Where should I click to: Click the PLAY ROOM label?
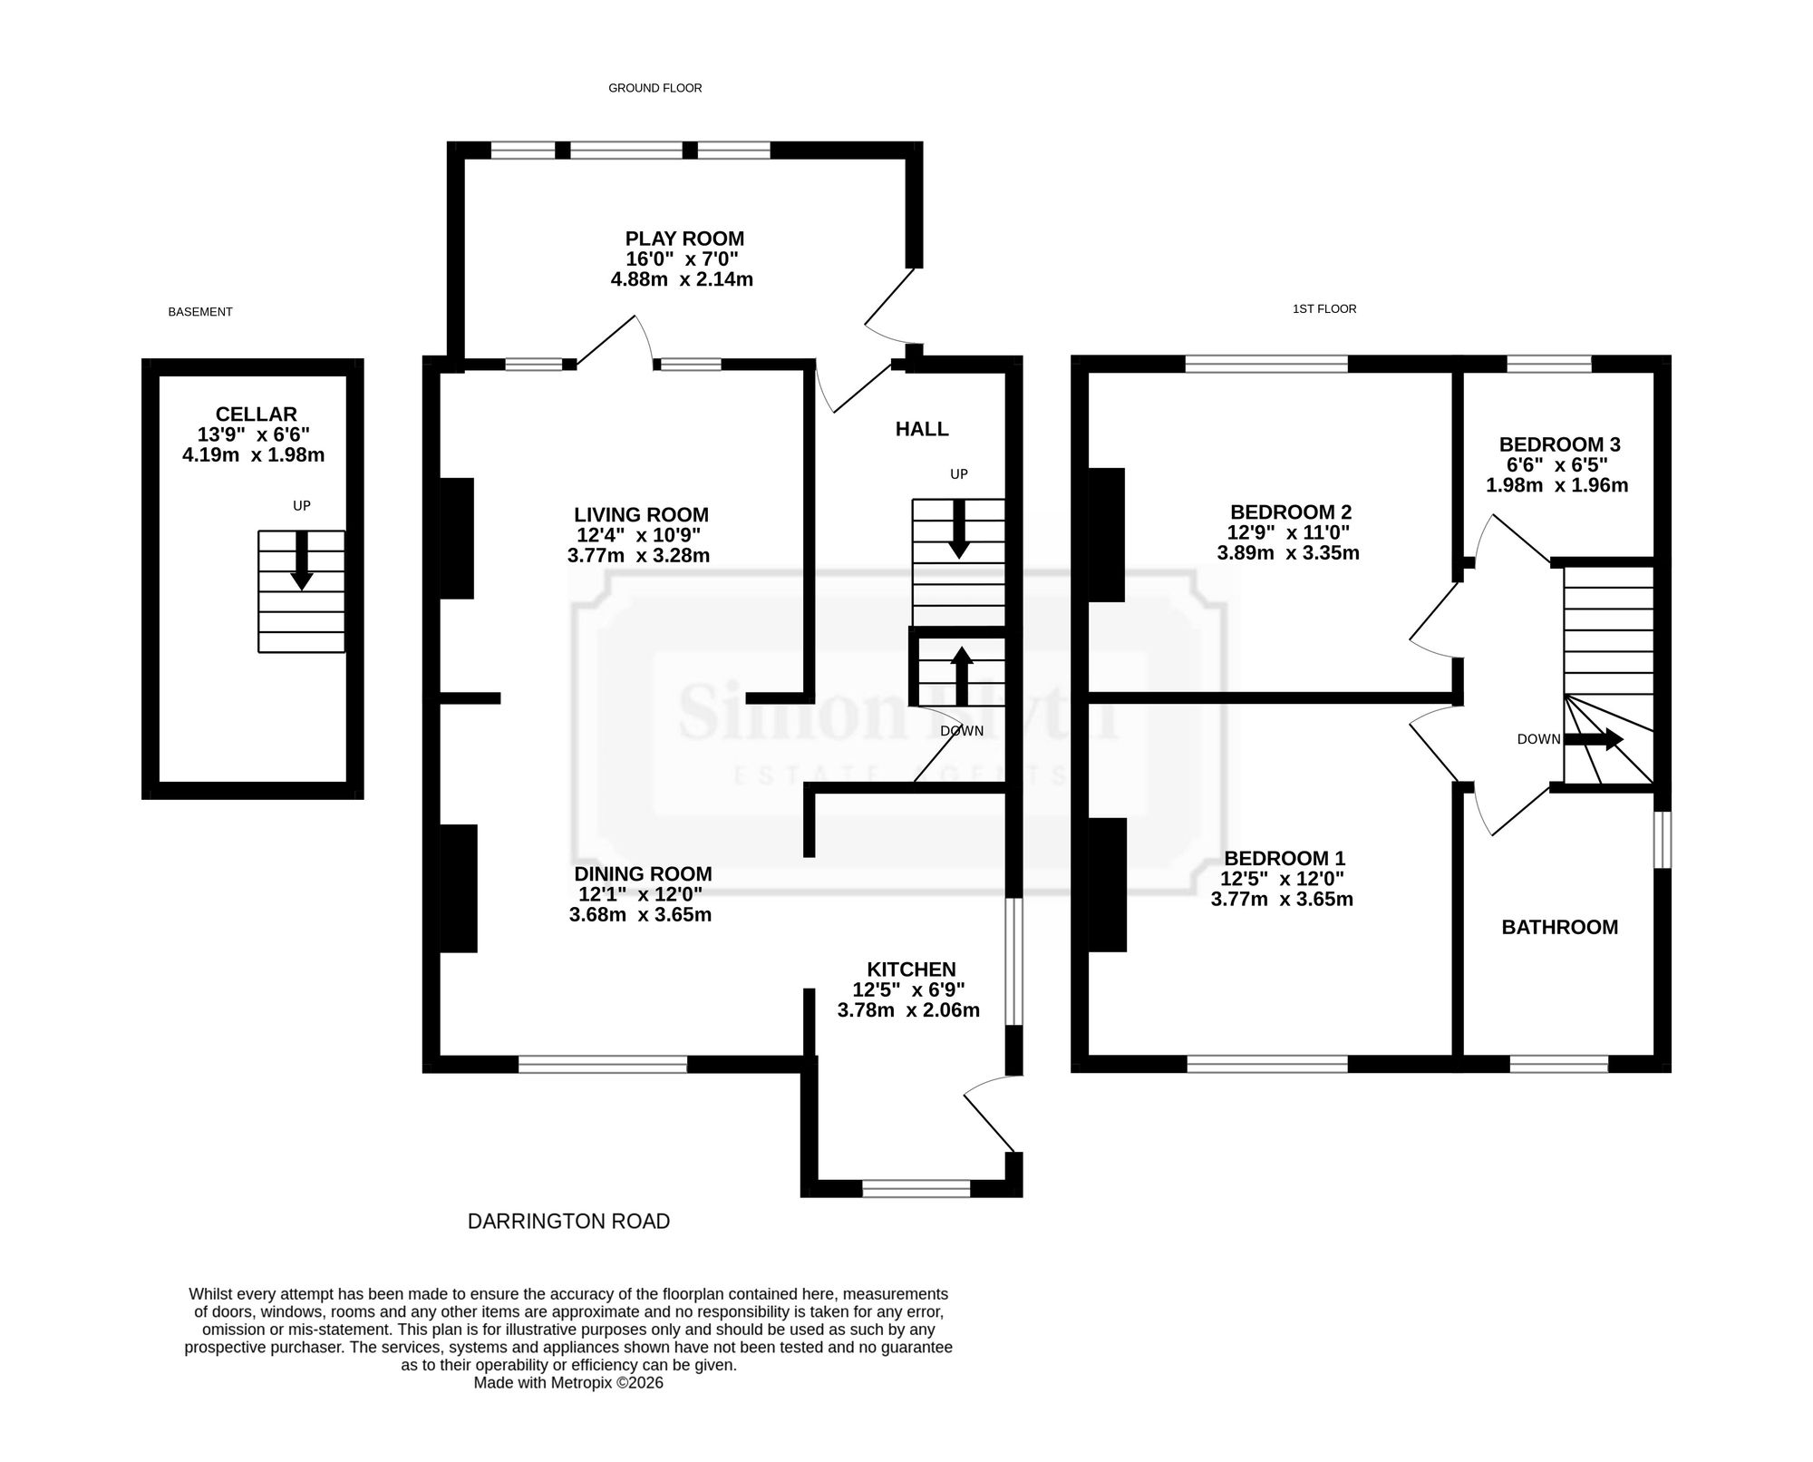click(684, 239)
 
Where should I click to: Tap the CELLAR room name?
click(257, 414)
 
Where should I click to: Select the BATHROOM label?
click(1560, 927)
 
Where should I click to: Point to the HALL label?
click(922, 429)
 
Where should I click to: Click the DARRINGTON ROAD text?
click(568, 1222)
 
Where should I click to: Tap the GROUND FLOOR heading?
click(655, 88)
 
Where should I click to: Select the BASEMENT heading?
click(200, 312)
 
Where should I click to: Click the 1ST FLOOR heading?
click(1324, 309)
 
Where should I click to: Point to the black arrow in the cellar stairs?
click(302, 560)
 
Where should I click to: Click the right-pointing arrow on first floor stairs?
click(1595, 739)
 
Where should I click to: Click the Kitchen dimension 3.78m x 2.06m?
click(908, 1010)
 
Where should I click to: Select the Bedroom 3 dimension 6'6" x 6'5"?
click(1557, 465)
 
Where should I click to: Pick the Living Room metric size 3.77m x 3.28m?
click(638, 555)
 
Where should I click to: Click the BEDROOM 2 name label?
click(1291, 512)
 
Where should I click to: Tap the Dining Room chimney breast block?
click(459, 888)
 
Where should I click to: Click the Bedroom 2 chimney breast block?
click(1106, 535)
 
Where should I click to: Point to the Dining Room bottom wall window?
click(603, 1065)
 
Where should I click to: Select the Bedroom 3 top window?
click(1549, 364)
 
